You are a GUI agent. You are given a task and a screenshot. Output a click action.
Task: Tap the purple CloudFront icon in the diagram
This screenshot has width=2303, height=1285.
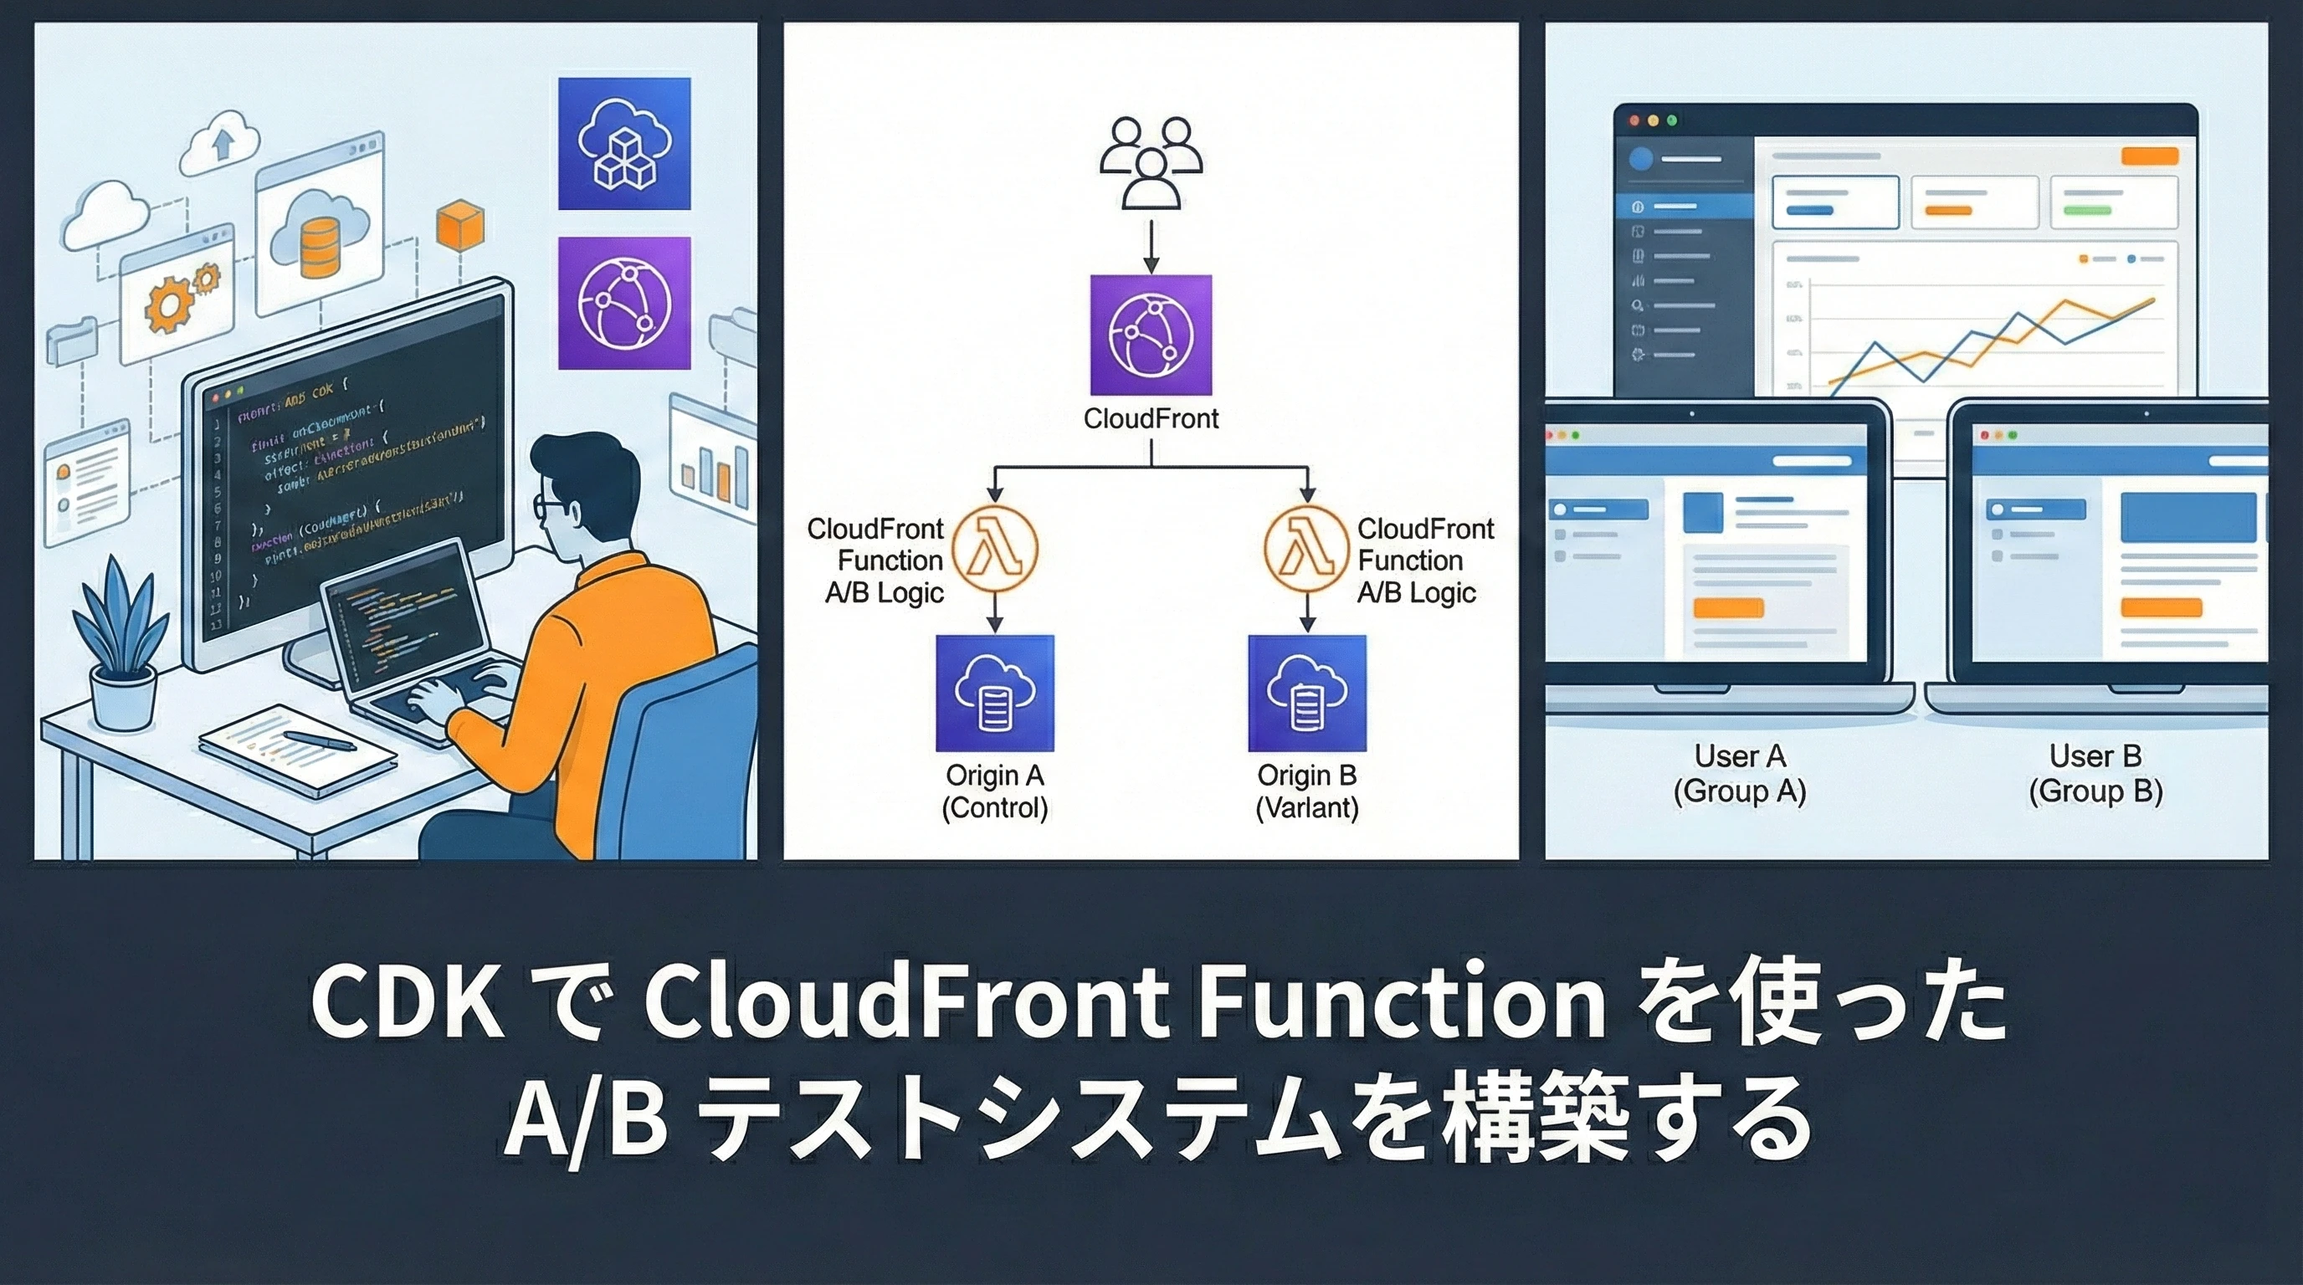click(1151, 335)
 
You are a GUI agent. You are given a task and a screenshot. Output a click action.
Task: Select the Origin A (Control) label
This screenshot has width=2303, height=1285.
click(994, 791)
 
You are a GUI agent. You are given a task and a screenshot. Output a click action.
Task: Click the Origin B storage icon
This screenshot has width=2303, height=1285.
click(1307, 694)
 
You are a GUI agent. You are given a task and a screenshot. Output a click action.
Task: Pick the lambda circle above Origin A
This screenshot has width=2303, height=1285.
click(994, 550)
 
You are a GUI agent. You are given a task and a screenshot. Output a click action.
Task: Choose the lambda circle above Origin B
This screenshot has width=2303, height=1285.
click(1306, 550)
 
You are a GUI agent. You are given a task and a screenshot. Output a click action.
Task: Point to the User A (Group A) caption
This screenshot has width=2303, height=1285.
click(1740, 774)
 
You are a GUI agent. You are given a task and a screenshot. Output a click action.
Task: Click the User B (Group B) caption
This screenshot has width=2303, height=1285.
click(2095, 774)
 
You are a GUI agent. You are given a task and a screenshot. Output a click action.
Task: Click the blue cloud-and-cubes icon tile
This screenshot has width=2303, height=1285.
click(624, 144)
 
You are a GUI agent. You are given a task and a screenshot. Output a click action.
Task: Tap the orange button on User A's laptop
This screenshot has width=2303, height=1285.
click(1728, 608)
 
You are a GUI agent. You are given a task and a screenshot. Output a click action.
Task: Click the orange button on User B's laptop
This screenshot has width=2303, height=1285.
click(2161, 607)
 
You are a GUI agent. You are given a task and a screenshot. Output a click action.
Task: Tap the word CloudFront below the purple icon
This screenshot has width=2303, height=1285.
click(1151, 419)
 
